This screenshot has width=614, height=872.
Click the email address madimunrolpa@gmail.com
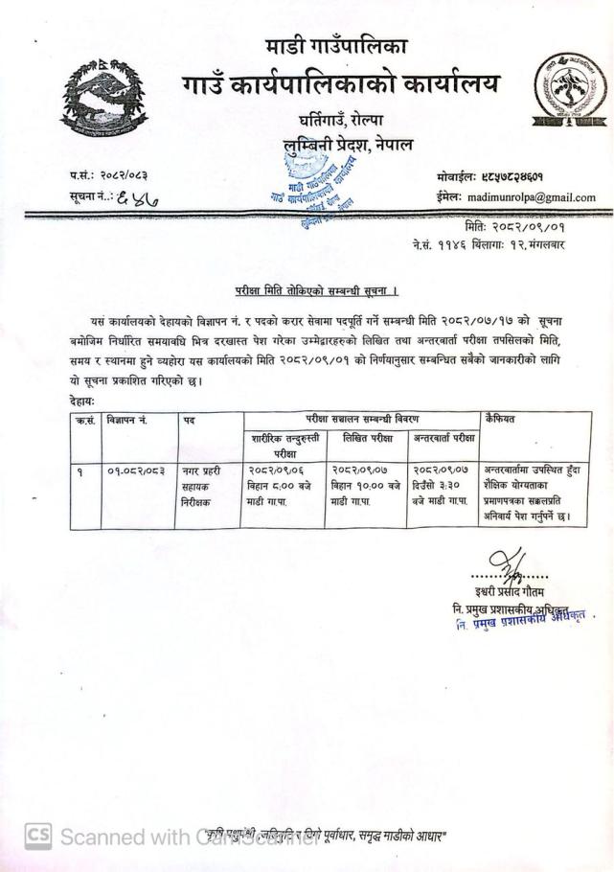[527, 197]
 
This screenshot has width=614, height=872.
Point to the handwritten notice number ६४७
[138, 199]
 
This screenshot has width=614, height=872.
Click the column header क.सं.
[85, 420]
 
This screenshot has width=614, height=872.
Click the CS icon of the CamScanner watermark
[36, 837]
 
